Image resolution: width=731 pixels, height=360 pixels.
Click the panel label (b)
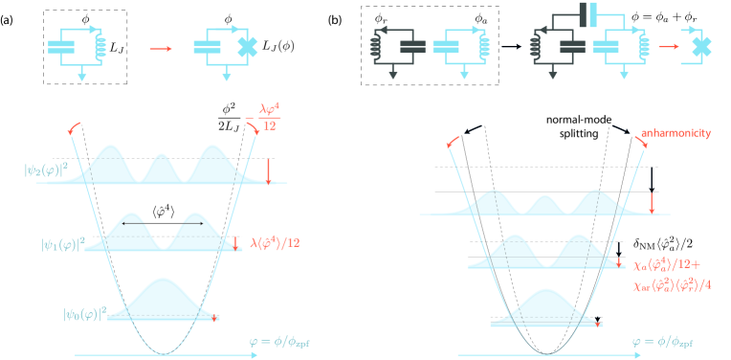click(x=337, y=20)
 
